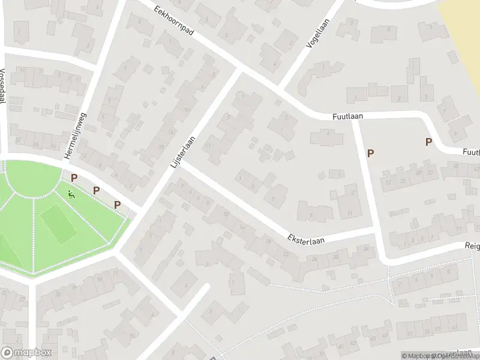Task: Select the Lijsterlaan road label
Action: (184, 151)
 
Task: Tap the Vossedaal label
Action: (3, 85)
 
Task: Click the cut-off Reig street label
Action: (472, 245)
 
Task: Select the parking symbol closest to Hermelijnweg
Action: (74, 178)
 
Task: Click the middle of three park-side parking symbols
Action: (96, 190)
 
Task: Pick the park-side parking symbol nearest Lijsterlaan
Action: (118, 205)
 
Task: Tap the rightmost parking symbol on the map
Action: (428, 142)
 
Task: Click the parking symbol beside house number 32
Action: (370, 153)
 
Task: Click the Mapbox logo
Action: (26, 353)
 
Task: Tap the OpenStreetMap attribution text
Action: (456, 356)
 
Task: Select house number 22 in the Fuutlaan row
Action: (403, 180)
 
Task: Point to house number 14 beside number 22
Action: (388, 182)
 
